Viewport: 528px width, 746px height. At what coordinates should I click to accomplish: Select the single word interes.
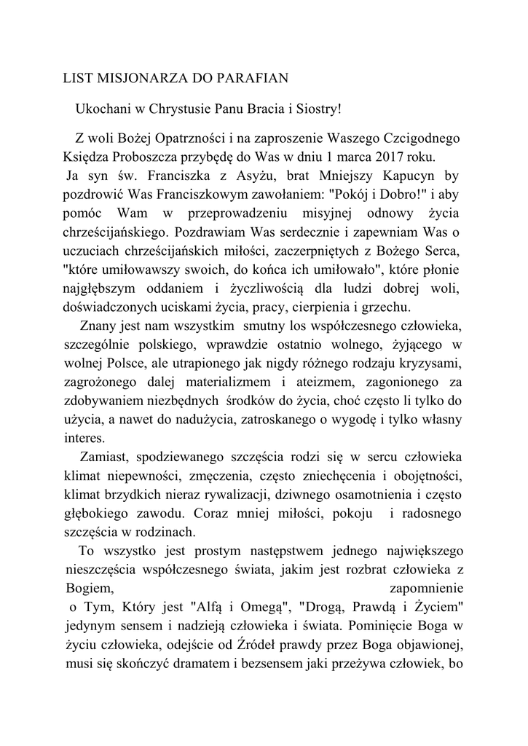pos(84,439)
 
